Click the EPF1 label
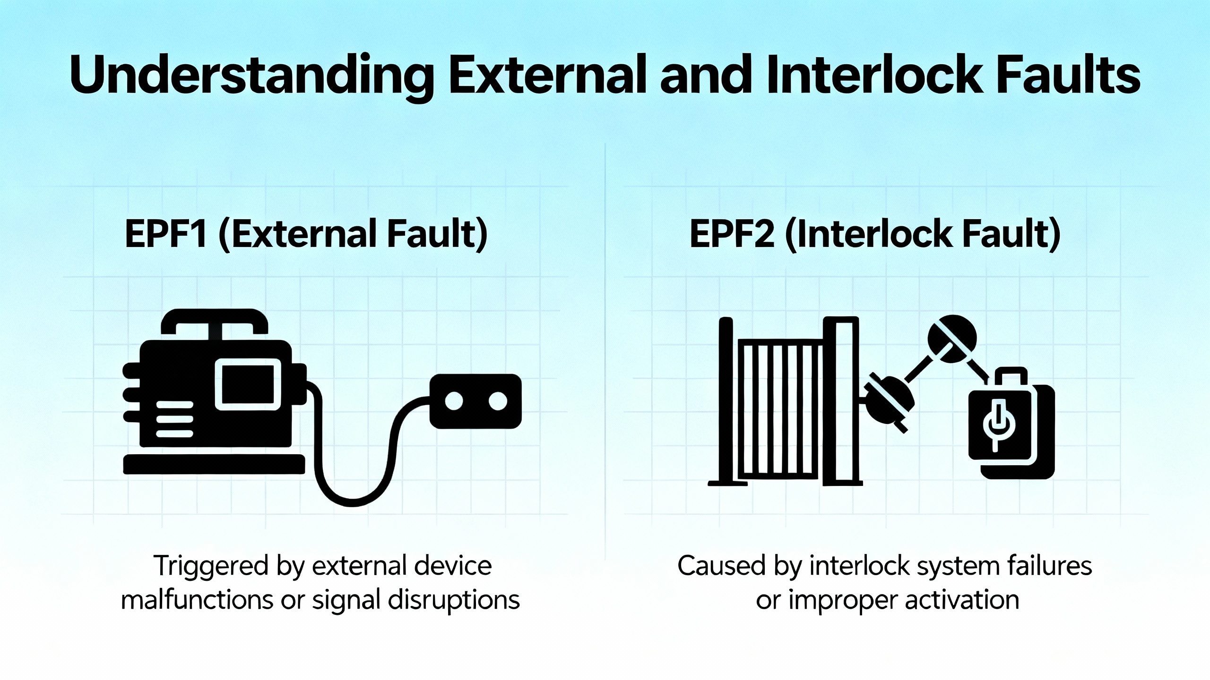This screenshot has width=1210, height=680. tap(165, 234)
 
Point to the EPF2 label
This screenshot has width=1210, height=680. tap(732, 234)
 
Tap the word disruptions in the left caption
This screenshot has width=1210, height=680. tap(454, 600)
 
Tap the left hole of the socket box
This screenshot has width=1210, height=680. tap(454, 401)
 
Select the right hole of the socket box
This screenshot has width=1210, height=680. tap(497, 401)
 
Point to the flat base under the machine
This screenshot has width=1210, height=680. tap(214, 464)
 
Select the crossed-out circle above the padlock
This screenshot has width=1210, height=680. tap(952, 338)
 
